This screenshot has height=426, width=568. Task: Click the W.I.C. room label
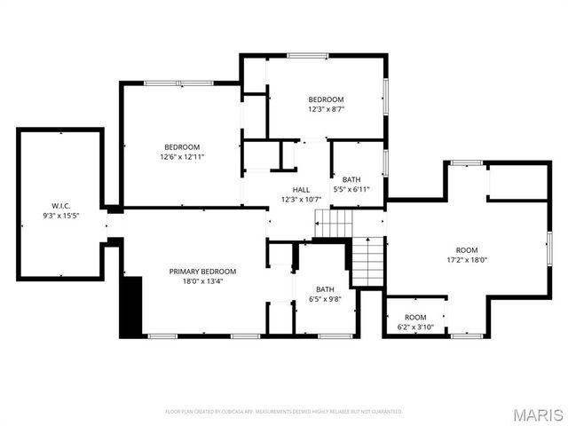point(60,207)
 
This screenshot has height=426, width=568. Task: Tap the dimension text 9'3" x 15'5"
point(60,216)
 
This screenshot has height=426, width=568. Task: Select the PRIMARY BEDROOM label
point(203,271)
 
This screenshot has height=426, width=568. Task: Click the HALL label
point(301,189)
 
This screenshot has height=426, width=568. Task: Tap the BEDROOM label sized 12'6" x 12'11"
point(181,146)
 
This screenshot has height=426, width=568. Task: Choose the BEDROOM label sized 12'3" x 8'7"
point(326,99)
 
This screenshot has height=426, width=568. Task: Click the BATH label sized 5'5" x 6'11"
point(351,178)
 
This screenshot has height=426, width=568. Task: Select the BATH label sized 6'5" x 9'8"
point(325,289)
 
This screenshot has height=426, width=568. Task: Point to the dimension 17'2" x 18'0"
point(466,260)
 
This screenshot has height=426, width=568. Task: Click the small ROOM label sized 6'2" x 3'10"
point(415,317)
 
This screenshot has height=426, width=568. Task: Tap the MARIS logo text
point(538,414)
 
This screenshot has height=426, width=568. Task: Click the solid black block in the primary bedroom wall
point(131,306)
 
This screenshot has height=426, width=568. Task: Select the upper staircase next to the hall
point(334,225)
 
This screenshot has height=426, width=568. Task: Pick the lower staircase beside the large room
point(367,262)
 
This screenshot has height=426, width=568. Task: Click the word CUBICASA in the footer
point(241,412)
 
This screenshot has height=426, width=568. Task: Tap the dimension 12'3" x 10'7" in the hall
point(301,199)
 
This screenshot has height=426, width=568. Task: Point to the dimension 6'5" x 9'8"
point(325,299)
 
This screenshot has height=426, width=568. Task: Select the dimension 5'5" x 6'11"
point(351,188)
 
